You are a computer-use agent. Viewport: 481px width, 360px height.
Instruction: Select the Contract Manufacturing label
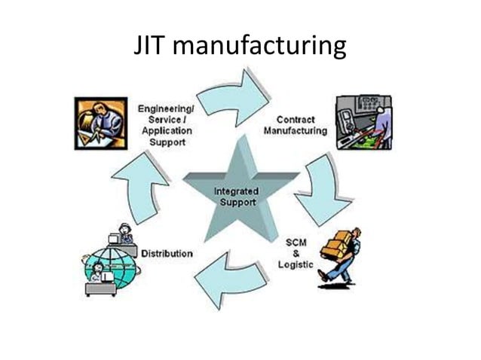(295, 125)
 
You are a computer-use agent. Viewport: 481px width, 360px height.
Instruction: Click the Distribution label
(167, 254)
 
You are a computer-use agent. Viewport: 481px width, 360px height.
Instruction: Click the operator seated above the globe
(124, 234)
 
